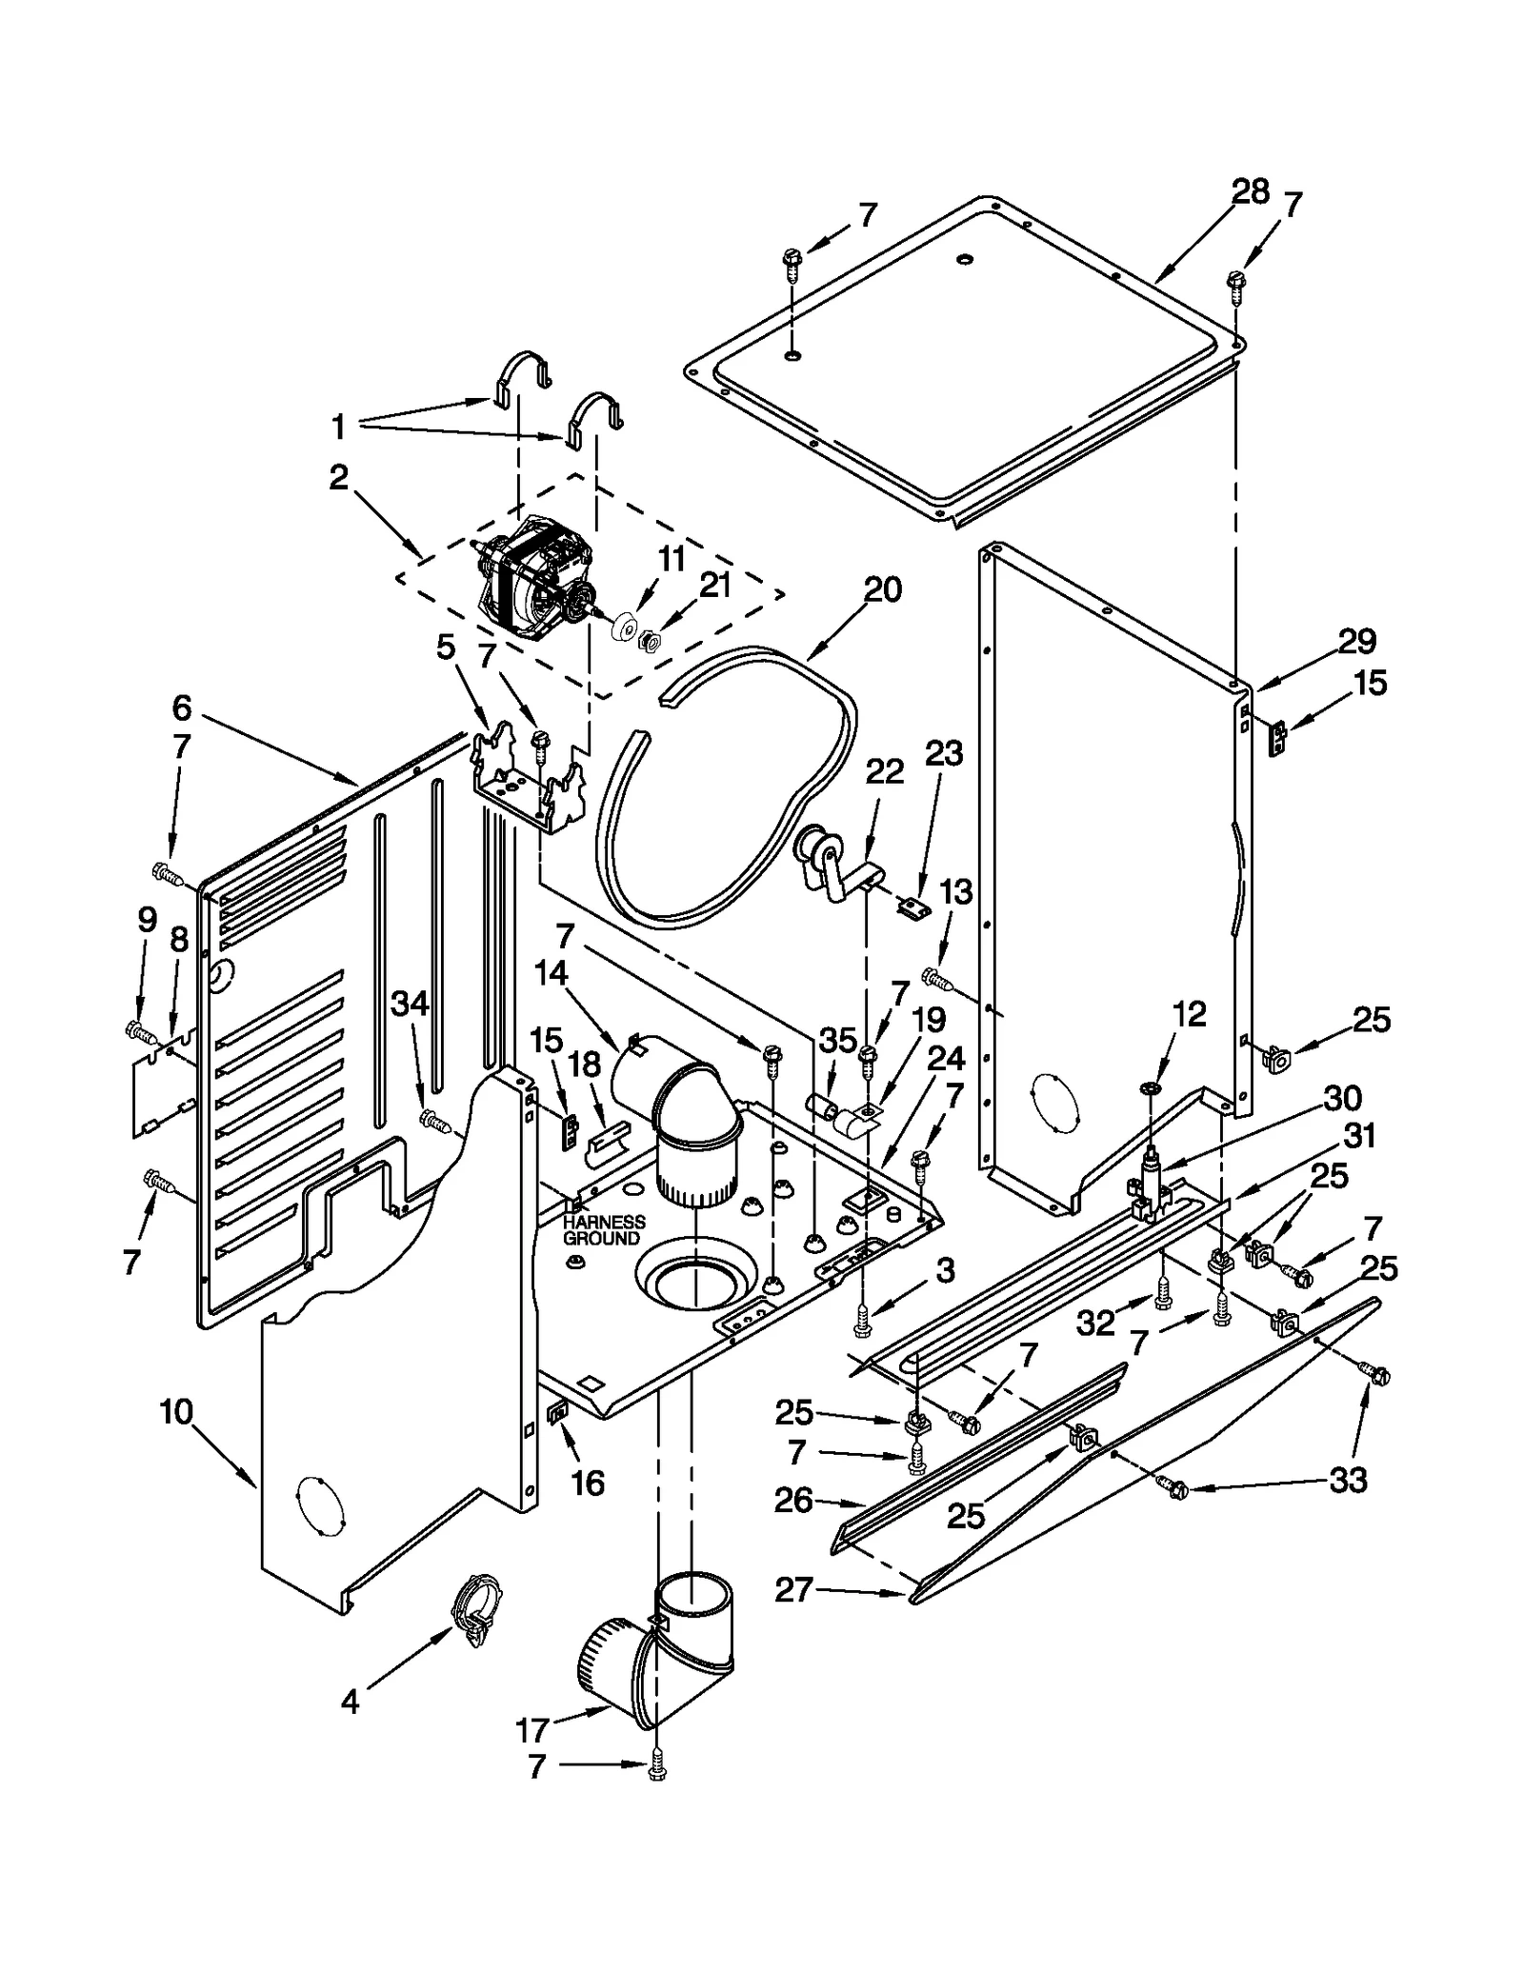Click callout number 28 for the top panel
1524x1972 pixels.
tap(1250, 192)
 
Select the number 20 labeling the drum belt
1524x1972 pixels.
tap(882, 589)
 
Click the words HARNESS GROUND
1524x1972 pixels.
tap(603, 1229)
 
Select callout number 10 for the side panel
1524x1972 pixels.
tap(176, 1411)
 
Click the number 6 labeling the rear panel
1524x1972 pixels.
tap(182, 707)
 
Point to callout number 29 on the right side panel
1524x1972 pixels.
tap(1356, 642)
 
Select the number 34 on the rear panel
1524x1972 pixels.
tap(411, 1003)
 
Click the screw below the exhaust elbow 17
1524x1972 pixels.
tap(657, 1770)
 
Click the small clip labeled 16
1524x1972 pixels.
tap(558, 1413)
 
